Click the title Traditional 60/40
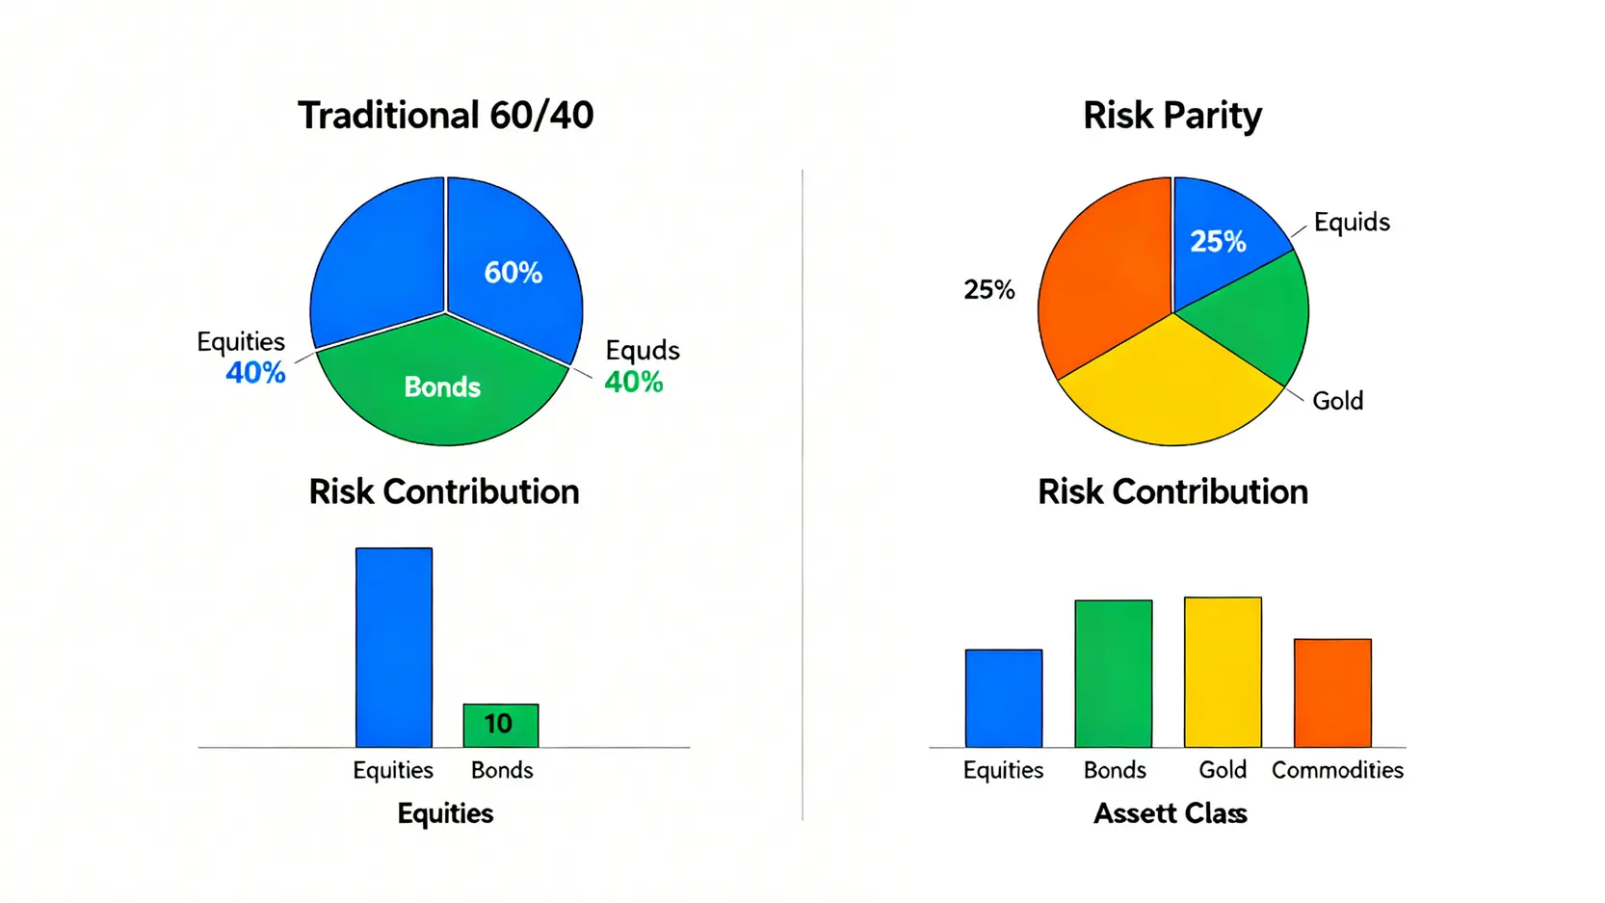tap(445, 116)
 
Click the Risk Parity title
tap(1171, 116)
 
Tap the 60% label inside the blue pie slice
tap(513, 273)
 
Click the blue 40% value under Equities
tap(255, 373)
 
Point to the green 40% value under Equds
tap(633, 383)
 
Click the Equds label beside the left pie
tap(642, 350)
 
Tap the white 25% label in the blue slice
tap(1218, 242)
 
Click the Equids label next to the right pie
tap(1351, 223)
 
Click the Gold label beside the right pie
tap(1337, 401)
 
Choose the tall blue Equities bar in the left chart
tap(394, 646)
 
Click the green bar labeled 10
tap(500, 725)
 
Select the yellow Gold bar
tap(1223, 672)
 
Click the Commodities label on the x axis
tap(1337, 770)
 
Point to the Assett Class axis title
tap(1170, 813)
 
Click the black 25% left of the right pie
tap(988, 290)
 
